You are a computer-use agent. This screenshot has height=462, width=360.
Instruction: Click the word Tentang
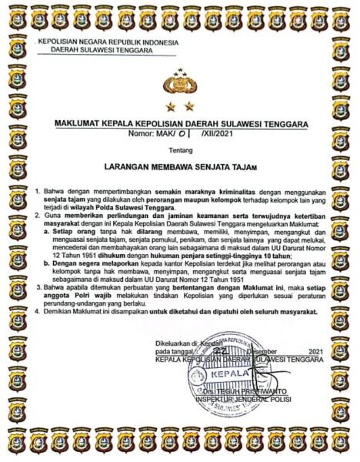coord(179,152)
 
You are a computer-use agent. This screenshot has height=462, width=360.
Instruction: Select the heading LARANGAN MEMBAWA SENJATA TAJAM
coord(180,166)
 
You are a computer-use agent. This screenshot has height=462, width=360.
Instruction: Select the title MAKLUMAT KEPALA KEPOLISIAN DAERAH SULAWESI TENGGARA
coord(180,122)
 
